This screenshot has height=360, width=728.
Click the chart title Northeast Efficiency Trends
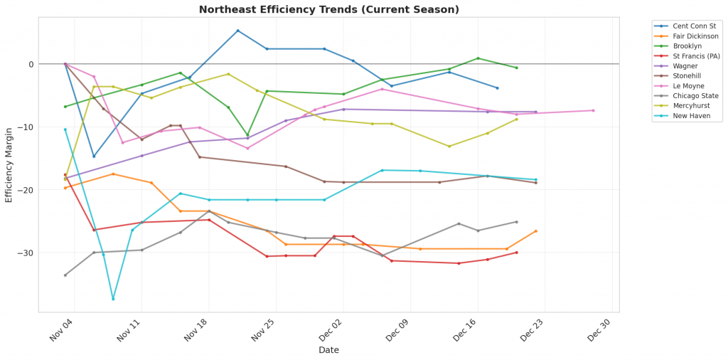[x=328, y=9]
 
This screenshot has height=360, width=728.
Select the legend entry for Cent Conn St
[x=687, y=26]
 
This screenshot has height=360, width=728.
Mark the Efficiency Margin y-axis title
[x=9, y=164]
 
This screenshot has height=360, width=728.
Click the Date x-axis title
[x=328, y=350]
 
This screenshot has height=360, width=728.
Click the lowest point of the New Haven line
[x=113, y=299]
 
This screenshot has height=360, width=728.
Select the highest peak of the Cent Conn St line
[x=237, y=31]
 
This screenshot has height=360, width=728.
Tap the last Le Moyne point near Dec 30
[x=593, y=110]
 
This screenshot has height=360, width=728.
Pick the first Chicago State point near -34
[x=65, y=275]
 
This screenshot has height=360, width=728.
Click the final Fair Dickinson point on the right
[x=535, y=231]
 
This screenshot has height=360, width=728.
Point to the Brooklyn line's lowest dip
[x=247, y=135]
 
